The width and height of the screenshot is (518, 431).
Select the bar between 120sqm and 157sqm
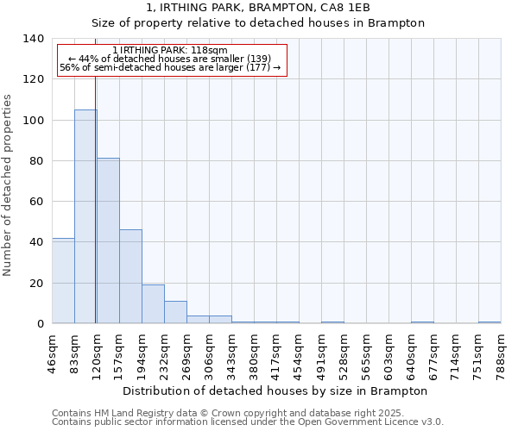[x=108, y=240]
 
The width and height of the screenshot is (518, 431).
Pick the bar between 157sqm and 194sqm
[x=130, y=276]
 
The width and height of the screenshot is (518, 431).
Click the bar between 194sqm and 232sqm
[x=153, y=303]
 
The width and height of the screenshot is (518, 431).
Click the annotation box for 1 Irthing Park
[x=171, y=59]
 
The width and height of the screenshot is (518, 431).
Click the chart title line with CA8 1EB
[x=258, y=7]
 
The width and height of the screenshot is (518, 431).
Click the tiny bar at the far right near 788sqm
[x=490, y=322]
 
